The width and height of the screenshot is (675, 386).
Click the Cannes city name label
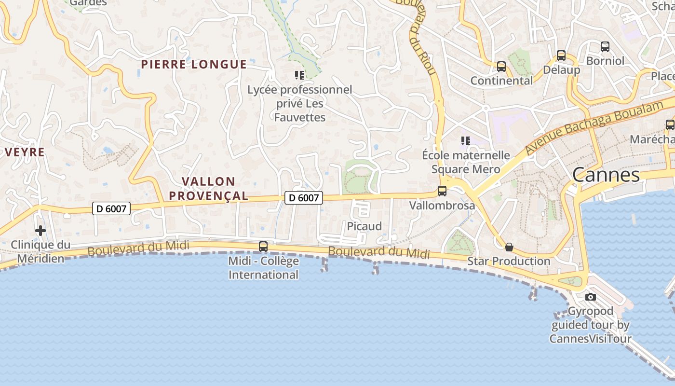tap(606, 175)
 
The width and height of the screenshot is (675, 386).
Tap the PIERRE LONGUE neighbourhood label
tap(194, 64)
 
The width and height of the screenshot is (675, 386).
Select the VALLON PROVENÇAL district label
tap(215, 189)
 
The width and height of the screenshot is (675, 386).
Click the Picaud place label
tap(364, 226)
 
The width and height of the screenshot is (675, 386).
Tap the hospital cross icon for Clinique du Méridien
tap(40, 231)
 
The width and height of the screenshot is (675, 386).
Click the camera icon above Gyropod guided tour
tap(591, 297)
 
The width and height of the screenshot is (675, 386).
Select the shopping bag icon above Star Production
tap(509, 248)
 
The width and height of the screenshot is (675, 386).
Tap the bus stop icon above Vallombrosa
tap(442, 191)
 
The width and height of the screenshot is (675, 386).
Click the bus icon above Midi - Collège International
tap(263, 246)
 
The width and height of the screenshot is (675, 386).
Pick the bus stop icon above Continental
tap(501, 67)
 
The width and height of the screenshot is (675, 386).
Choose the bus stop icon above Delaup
tap(561, 55)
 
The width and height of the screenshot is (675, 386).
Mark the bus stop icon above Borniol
tap(605, 47)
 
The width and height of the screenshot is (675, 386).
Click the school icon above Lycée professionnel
tap(299, 75)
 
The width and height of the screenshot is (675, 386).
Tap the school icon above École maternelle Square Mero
tap(465, 141)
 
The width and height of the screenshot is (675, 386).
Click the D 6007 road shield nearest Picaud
tap(303, 197)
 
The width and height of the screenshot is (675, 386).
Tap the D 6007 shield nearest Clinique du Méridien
tap(111, 208)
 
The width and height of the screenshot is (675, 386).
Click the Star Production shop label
tap(509, 261)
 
